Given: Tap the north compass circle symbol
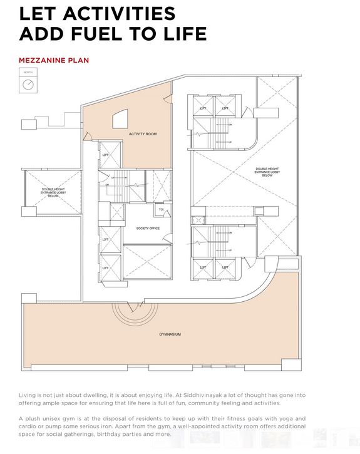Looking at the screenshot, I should (x=28, y=85).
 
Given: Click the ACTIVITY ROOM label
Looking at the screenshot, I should (x=142, y=134).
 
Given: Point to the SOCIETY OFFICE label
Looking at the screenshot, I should (x=148, y=228).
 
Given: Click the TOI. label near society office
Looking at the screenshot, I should (x=161, y=209).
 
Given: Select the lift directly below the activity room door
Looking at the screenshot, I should (x=105, y=160).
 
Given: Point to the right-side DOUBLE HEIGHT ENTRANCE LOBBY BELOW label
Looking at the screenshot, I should (x=268, y=172).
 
